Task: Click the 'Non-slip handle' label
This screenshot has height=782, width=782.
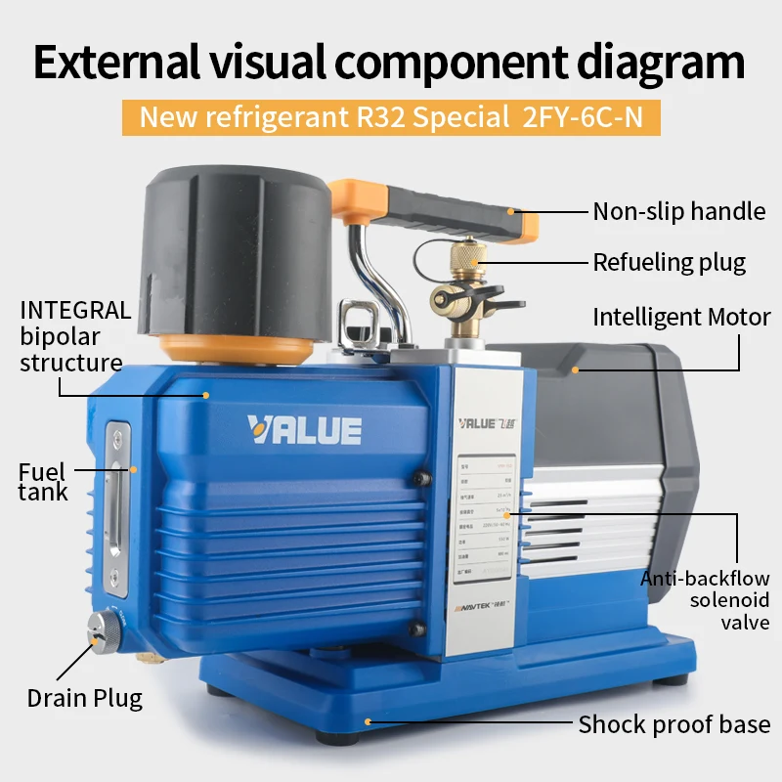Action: (x=679, y=211)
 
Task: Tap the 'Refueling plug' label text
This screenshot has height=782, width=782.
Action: (x=669, y=262)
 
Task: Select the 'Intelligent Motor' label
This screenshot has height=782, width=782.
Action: (x=681, y=317)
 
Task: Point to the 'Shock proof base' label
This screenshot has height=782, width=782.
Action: (x=673, y=724)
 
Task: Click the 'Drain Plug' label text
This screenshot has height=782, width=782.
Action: (x=84, y=698)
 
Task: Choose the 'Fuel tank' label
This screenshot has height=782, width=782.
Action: (x=43, y=482)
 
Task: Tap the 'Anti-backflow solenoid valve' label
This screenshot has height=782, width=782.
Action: (x=704, y=600)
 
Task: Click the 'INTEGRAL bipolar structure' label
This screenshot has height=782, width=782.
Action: (x=74, y=336)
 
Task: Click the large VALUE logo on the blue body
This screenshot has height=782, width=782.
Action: (x=304, y=429)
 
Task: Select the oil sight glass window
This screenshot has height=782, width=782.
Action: (x=117, y=509)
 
